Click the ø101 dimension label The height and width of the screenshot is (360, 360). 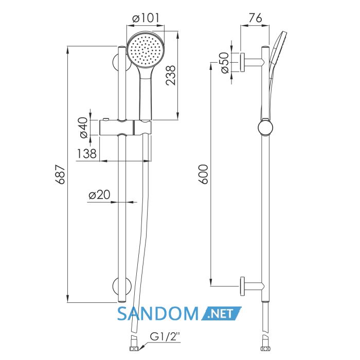(x=146, y=18)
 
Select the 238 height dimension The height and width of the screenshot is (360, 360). (x=171, y=76)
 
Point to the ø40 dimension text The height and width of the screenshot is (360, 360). (x=84, y=128)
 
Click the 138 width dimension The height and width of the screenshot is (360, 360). (x=86, y=154)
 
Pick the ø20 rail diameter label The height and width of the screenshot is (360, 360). (x=99, y=195)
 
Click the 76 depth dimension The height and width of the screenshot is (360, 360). (x=255, y=18)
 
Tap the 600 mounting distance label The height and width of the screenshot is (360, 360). (x=203, y=174)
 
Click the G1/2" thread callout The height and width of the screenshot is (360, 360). (x=165, y=336)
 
